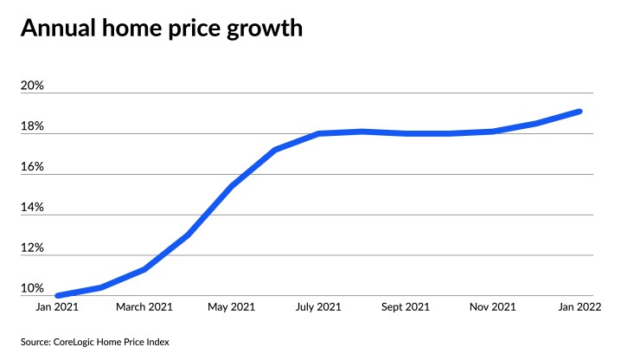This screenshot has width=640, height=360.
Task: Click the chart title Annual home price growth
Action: click(x=161, y=29)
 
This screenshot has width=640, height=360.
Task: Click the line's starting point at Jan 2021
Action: click(x=57, y=295)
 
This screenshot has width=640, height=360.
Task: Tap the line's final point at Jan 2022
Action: click(x=579, y=111)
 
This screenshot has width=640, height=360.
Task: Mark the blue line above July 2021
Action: click(x=318, y=133)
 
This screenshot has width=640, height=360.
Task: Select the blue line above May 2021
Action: click(x=231, y=187)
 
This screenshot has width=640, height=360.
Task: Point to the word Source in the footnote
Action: click(x=35, y=342)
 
